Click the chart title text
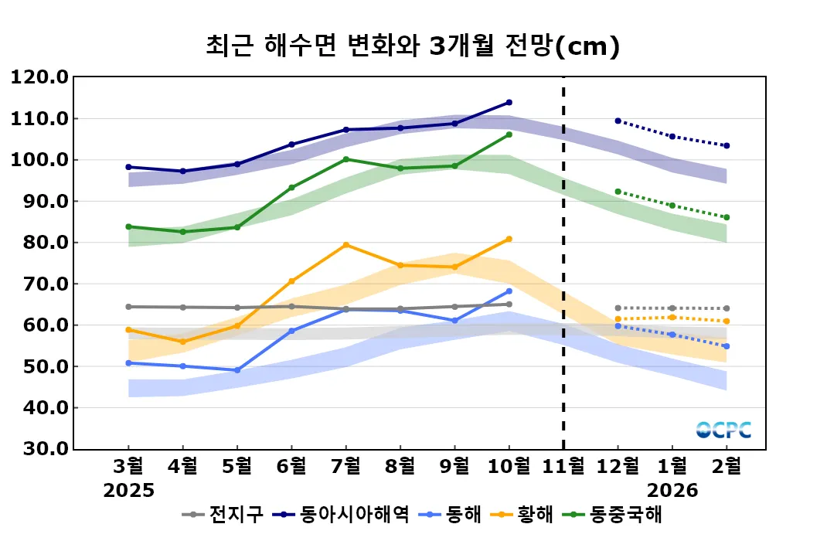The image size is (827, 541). tap(413, 46)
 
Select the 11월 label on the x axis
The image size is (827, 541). tap(563, 466)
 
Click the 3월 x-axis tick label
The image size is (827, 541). tap(128, 466)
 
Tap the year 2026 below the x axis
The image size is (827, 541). tap(672, 491)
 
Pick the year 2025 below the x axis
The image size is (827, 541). tap(129, 491)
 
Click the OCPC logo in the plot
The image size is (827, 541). tap(723, 430)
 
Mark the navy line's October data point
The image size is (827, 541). tap(509, 102)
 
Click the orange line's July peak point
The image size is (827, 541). tap(345, 245)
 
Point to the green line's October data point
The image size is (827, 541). tap(509, 134)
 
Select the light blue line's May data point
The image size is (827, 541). tap(237, 370)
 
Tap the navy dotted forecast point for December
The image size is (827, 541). tap(618, 121)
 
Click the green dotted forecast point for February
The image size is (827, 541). tap(727, 217)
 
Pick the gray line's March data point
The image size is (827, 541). tap(128, 307)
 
